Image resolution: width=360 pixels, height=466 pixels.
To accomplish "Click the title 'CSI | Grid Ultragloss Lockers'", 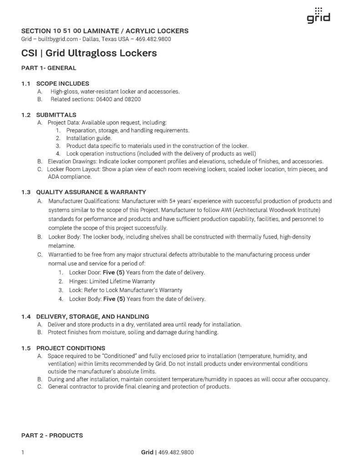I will (89, 53).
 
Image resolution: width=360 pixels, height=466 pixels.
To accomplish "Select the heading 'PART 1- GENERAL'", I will (49, 68).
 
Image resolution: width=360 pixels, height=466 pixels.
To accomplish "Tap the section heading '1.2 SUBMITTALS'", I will (49, 114).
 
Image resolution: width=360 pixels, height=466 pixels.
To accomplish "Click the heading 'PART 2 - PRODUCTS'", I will (52, 436).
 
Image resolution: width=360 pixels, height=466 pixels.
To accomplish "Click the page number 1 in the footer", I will (23, 452).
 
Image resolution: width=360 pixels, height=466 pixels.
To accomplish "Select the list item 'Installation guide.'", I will (89, 138).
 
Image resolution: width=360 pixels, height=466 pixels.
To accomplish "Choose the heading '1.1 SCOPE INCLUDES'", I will (55, 84).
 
